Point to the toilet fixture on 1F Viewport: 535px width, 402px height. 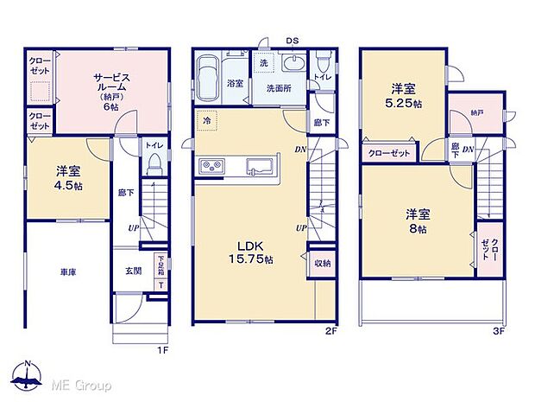tap(155, 162)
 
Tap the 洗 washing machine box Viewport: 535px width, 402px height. tap(264, 65)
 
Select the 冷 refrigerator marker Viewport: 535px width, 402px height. tap(207, 123)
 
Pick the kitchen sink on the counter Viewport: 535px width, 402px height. tap(259, 166)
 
